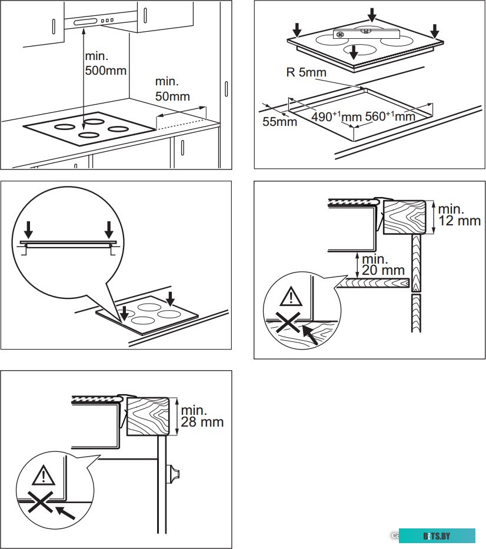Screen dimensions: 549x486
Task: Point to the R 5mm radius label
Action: [x=306, y=73]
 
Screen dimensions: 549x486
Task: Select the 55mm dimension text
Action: [x=279, y=122]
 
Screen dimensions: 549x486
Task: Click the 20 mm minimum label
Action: [x=383, y=265]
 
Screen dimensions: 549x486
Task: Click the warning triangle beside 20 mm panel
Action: [x=289, y=297]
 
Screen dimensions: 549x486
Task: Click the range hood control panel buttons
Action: [x=107, y=21]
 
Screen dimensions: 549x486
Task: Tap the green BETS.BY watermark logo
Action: [x=440, y=536]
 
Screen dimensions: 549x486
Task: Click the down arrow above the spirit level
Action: [x=371, y=14]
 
